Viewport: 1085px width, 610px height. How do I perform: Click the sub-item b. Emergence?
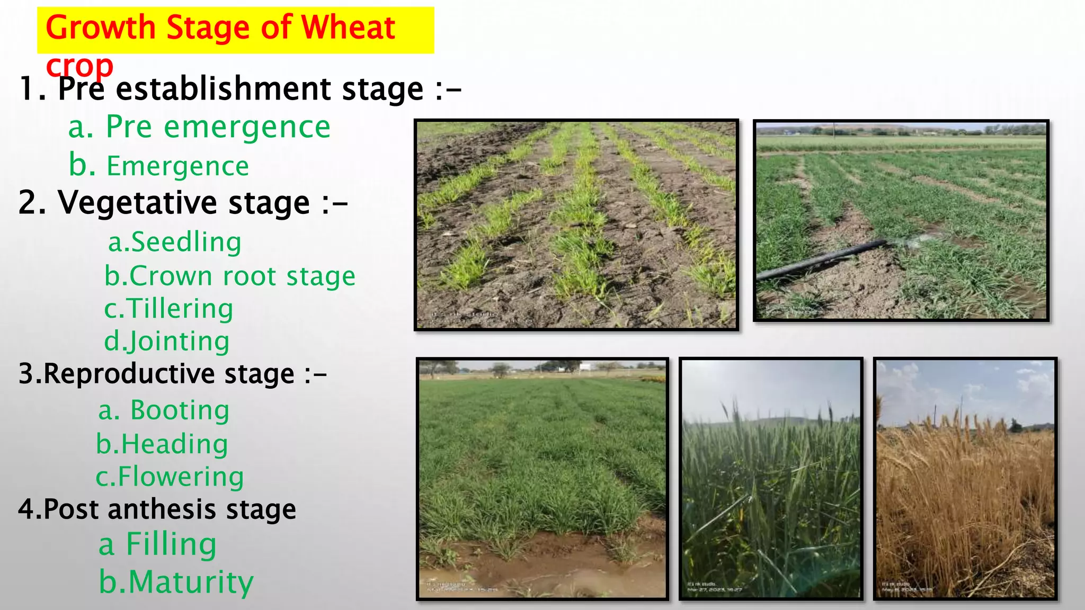(159, 166)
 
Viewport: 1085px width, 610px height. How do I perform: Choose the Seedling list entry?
(175, 243)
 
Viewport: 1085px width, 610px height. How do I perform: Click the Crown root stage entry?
(230, 276)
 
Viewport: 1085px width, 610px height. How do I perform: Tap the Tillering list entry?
(168, 309)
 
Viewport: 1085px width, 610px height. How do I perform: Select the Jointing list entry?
(167, 342)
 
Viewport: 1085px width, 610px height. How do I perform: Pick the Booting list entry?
(164, 410)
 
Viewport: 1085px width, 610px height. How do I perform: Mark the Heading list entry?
(162, 444)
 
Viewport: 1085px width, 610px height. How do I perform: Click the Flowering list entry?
(170, 477)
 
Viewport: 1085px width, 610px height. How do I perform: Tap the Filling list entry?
(158, 544)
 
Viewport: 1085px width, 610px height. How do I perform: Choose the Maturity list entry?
(176, 582)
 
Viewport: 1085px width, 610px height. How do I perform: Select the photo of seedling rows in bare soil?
(576, 225)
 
